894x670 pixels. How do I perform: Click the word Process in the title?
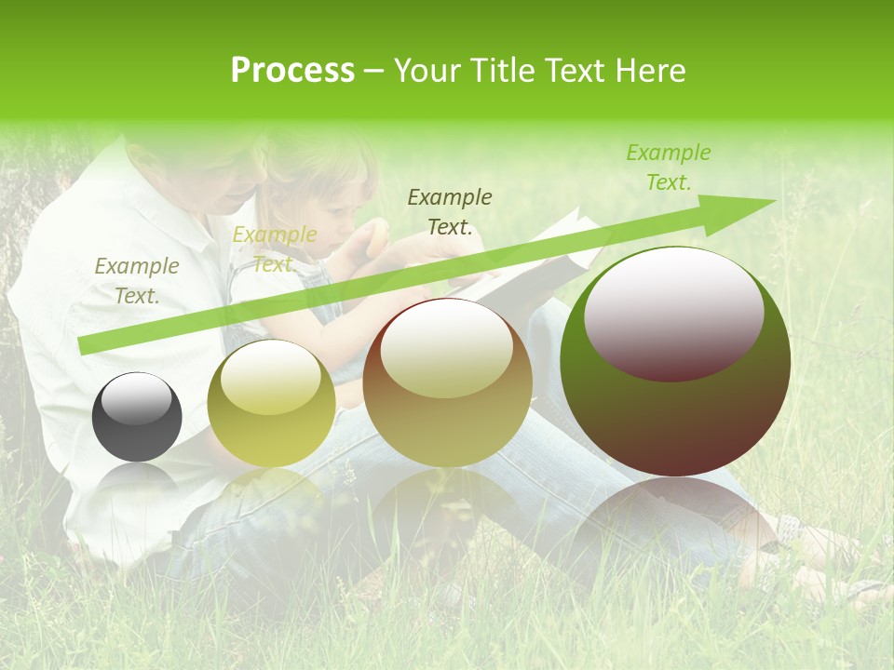pyautogui.click(x=292, y=71)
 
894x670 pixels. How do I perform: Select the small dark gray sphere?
pyautogui.click(x=137, y=417)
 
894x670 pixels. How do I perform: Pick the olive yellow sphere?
pyautogui.click(x=271, y=403)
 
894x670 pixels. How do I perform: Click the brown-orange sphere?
pyautogui.click(x=447, y=382)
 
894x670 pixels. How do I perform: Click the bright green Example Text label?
pyautogui.click(x=668, y=167)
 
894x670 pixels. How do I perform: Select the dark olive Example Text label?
pyautogui.click(x=450, y=211)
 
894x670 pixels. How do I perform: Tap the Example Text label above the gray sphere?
pyautogui.click(x=137, y=280)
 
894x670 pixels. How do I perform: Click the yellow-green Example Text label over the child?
pyautogui.click(x=274, y=249)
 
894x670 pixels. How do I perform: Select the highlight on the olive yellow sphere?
pyautogui.click(x=271, y=376)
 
